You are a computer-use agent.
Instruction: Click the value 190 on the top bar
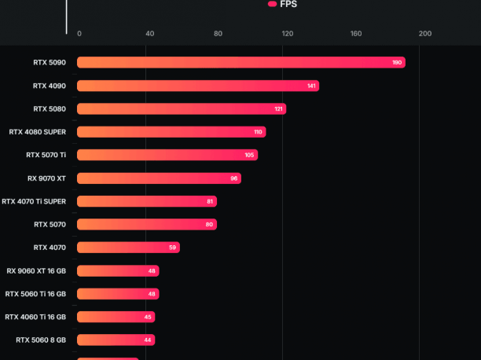(397, 62)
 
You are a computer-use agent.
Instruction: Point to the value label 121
(278, 108)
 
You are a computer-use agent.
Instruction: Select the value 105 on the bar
(249, 155)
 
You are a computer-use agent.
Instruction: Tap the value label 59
(173, 248)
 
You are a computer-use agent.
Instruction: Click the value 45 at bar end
(148, 317)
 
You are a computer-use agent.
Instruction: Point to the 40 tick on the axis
(149, 34)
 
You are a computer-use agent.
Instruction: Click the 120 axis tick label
(288, 34)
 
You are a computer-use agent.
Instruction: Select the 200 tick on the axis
(425, 34)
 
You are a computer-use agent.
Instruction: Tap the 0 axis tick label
(79, 34)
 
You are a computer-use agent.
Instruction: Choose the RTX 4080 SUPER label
(38, 132)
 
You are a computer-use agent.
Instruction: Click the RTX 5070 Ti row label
(46, 155)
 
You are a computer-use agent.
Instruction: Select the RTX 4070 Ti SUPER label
(34, 201)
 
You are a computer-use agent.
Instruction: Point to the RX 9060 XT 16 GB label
(36, 270)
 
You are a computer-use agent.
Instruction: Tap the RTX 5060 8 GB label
(41, 340)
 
